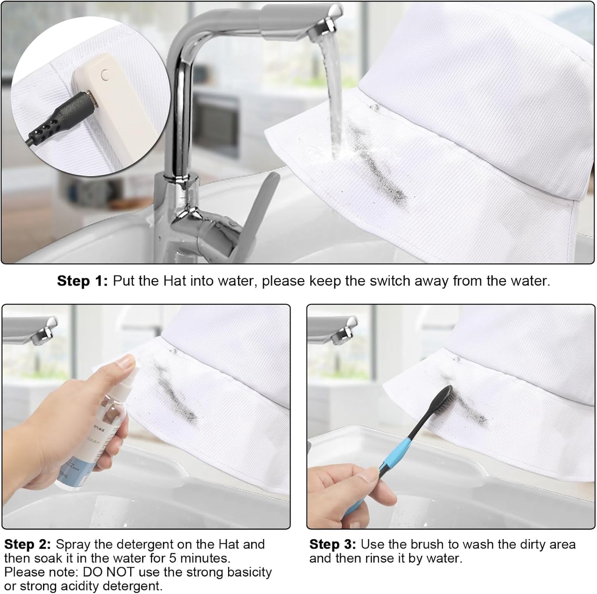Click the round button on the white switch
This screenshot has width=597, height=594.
tap(105, 74)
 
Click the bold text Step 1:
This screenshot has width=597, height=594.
tap(82, 281)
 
